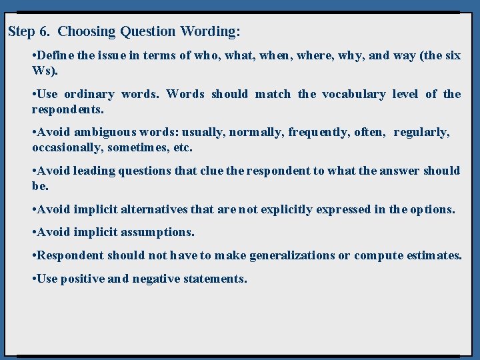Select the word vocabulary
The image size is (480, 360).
[x=353, y=94]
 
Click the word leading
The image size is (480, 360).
[x=93, y=171]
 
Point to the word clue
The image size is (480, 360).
[x=211, y=171]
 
